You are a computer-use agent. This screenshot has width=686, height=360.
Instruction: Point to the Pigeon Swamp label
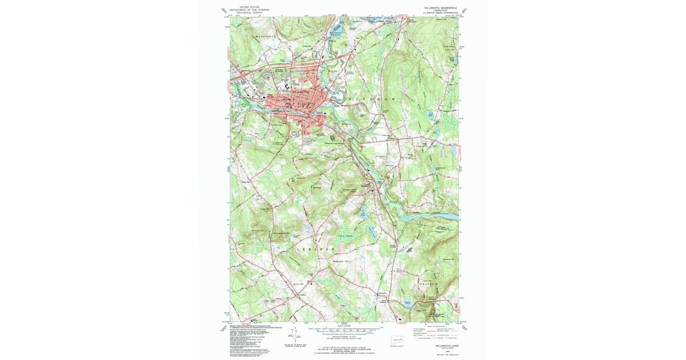coord(344,234)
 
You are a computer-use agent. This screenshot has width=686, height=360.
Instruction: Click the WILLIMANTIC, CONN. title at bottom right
coord(446,346)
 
